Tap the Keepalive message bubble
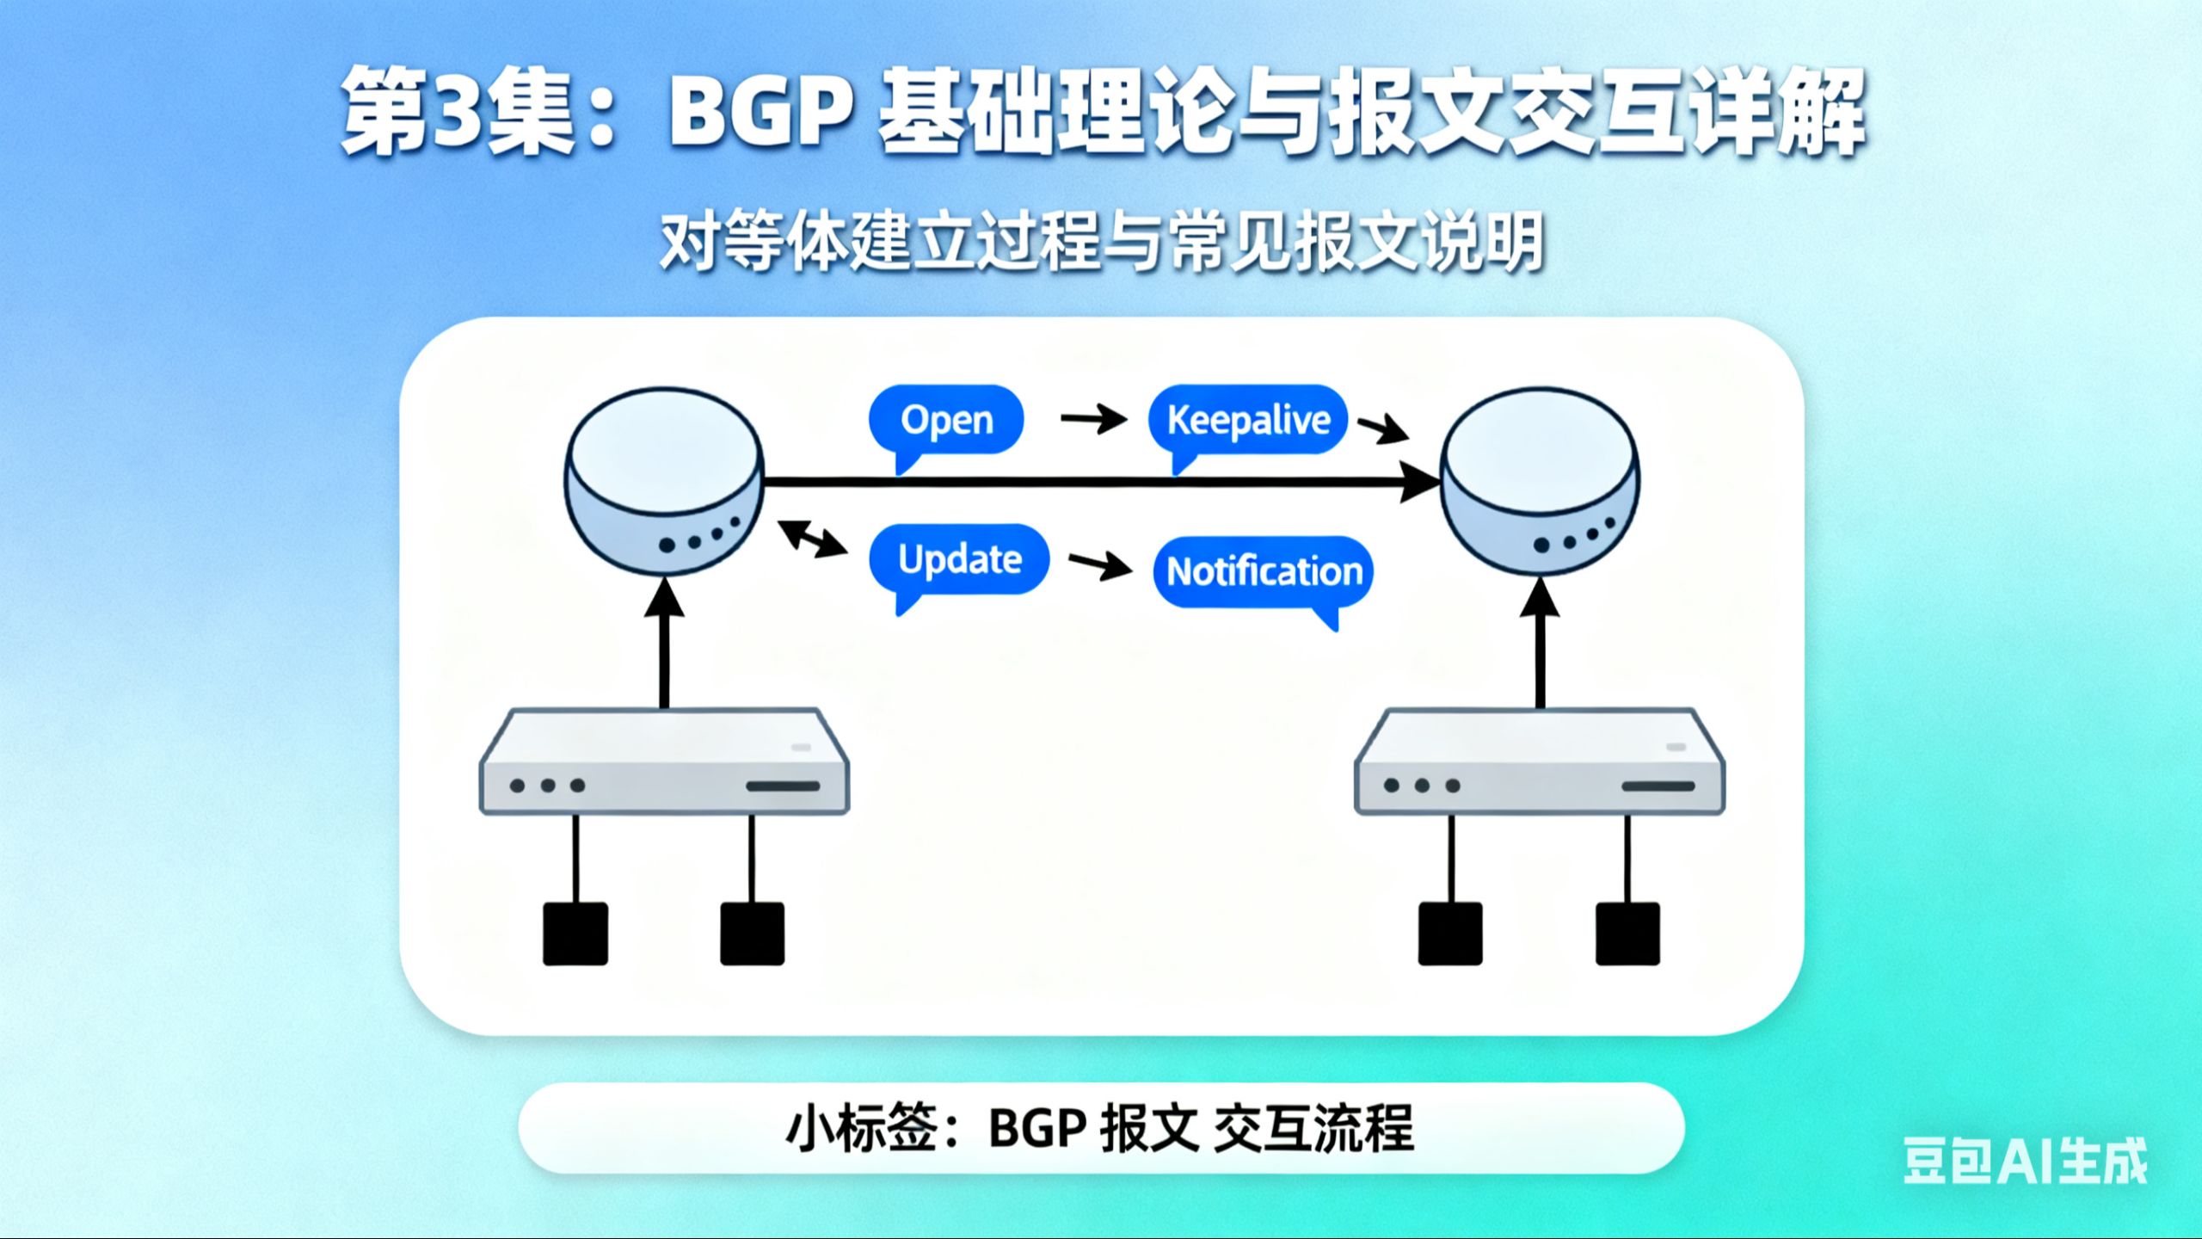click(x=1247, y=420)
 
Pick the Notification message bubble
click(x=1264, y=571)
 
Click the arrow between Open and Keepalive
click(x=1093, y=419)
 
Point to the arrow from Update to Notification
click(x=1100, y=565)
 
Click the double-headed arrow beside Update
click(x=811, y=539)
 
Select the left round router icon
click(x=663, y=482)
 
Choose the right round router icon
click(x=1540, y=482)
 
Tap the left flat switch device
click(x=664, y=761)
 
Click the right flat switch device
click(x=1540, y=761)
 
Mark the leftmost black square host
click(x=575, y=934)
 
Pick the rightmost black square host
click(x=1627, y=934)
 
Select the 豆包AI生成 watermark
click(x=2025, y=1161)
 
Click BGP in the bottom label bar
click(x=1036, y=1128)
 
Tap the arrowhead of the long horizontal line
click(x=1419, y=482)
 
